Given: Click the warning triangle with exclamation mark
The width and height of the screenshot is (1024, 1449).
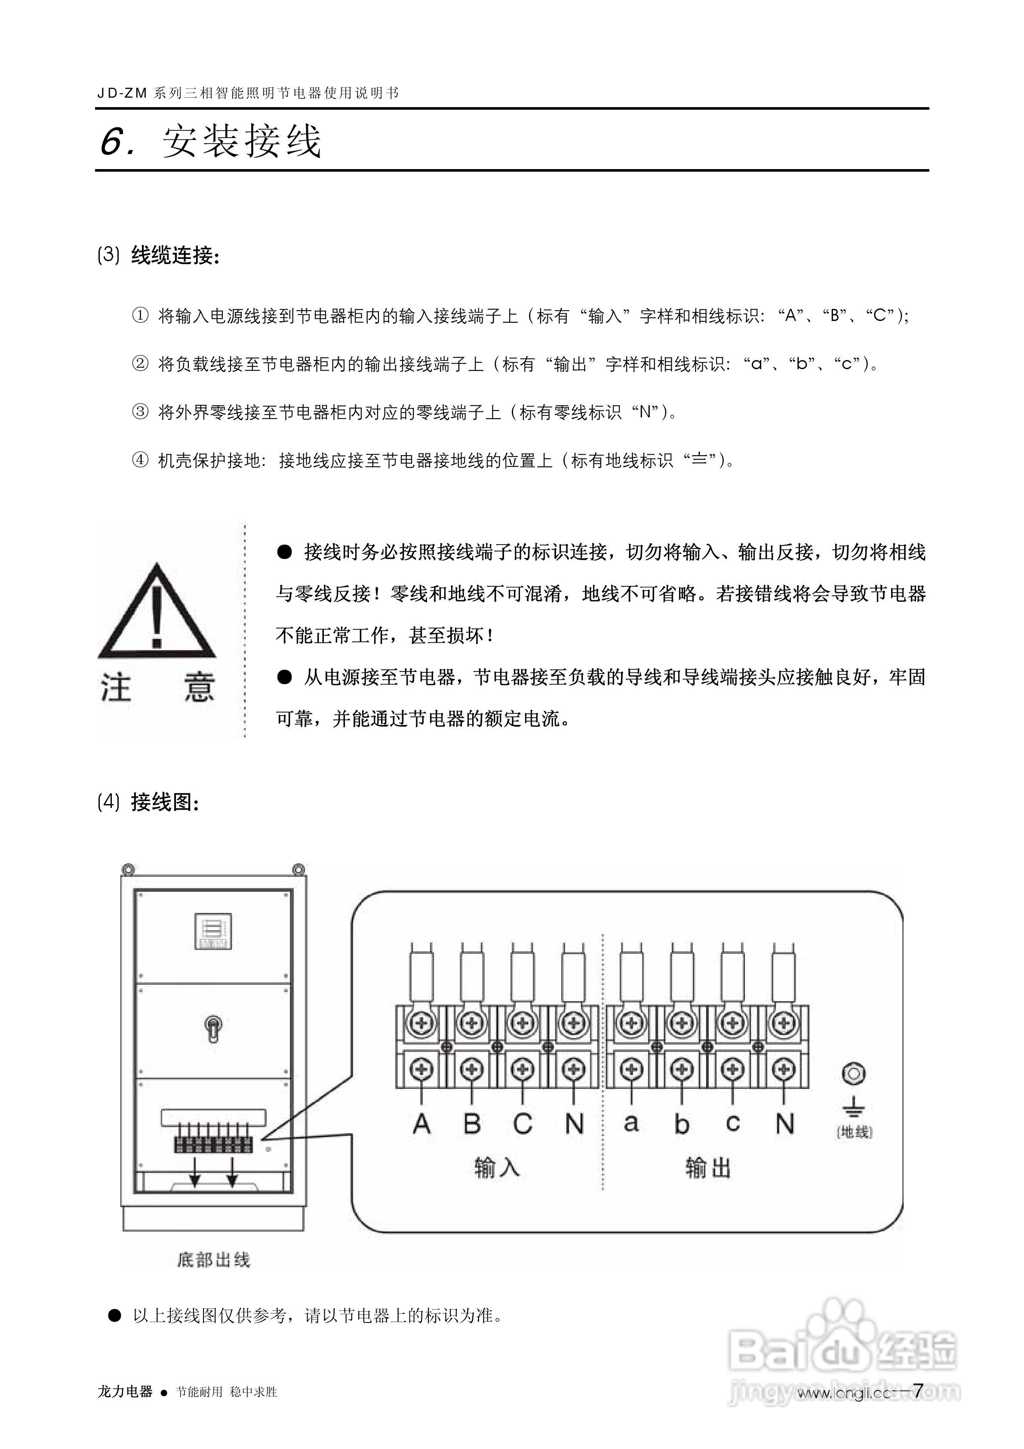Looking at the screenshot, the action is (157, 611).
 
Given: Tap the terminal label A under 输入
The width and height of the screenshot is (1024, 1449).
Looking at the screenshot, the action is (421, 1124).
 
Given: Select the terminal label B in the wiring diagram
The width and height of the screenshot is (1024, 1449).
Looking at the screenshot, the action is (472, 1124).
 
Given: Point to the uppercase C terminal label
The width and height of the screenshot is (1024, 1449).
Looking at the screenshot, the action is (523, 1124).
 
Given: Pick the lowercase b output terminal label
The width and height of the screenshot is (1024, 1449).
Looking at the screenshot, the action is (681, 1124).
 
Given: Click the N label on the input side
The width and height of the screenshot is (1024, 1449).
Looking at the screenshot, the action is (574, 1124).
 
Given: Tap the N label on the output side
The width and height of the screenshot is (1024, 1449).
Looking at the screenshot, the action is (784, 1124).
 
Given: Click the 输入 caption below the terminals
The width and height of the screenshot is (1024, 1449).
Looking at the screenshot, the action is (497, 1168).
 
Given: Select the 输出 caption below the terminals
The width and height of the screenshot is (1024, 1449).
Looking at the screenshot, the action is (708, 1168).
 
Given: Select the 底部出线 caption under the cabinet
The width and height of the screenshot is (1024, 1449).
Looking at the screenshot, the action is (213, 1260).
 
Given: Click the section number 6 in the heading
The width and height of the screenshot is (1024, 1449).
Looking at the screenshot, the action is (114, 142).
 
